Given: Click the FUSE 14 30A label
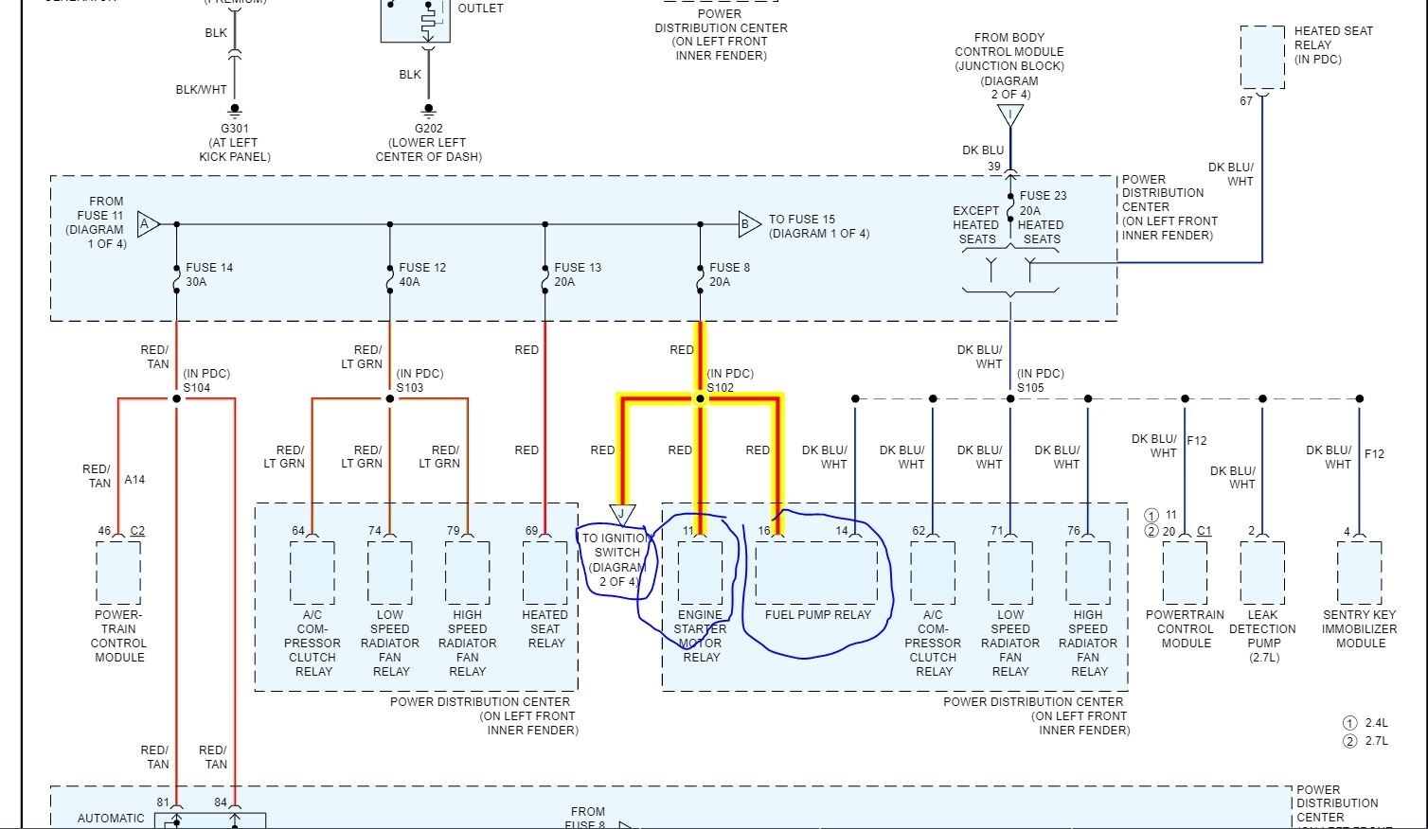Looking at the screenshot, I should [209, 274].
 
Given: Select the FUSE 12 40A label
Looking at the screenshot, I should [422, 274].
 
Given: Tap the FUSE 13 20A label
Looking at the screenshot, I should [578, 274].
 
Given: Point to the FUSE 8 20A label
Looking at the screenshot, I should [729, 274].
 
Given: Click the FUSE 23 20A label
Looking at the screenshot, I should [1043, 203].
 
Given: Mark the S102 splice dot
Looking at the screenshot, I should [701, 399].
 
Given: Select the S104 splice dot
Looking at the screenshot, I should [176, 399].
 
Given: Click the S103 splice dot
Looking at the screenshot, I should [389, 399].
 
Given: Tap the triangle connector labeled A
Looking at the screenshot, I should [148, 224].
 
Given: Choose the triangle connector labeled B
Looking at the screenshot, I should [748, 224].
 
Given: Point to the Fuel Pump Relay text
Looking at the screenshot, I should [818, 615].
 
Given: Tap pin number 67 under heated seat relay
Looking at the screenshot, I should [1246, 100].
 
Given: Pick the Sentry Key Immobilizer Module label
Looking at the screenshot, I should [1360, 628].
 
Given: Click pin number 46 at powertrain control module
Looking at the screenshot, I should [104, 531].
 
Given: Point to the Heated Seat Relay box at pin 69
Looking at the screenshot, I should [544, 573].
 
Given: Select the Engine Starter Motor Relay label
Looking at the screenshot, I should [701, 636].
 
